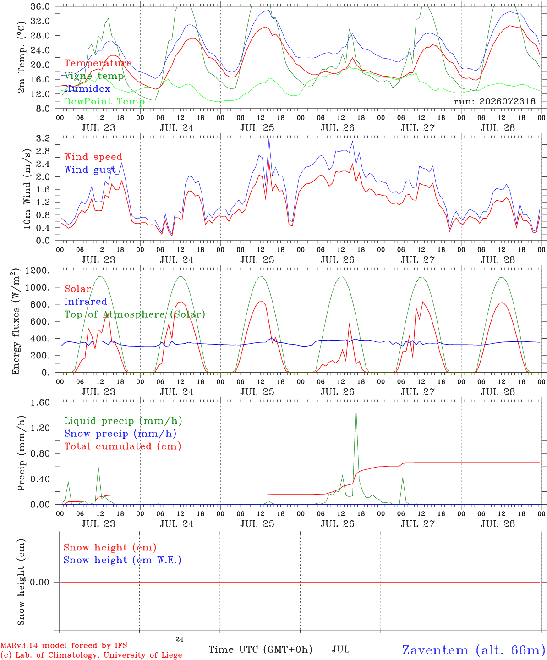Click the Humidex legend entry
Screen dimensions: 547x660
click(87, 88)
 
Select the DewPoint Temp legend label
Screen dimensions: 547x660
click(104, 101)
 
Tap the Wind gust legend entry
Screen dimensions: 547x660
click(90, 170)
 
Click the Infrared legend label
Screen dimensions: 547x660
click(86, 301)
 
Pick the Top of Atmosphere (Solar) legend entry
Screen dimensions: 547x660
click(135, 314)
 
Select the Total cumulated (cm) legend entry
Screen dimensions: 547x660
click(123, 446)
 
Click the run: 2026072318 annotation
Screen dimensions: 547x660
click(494, 101)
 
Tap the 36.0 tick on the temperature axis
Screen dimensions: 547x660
click(40, 6)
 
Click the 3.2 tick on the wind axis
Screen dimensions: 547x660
click(43, 138)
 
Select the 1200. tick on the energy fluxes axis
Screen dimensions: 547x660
click(38, 270)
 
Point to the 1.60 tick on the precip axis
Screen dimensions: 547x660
click(40, 402)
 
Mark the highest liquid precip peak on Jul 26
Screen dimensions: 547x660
click(356, 405)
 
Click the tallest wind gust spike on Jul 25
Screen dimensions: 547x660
click(269, 139)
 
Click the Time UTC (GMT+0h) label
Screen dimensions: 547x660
click(260, 649)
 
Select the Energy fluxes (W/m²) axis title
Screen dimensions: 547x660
click(16, 321)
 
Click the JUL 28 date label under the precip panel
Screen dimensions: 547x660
click(498, 524)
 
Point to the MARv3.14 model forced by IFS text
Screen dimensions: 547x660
click(64, 645)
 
